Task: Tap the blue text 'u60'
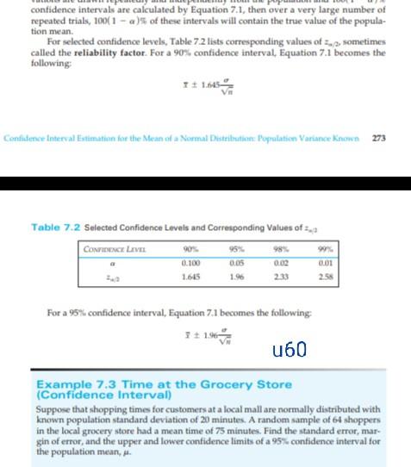tap(289, 349)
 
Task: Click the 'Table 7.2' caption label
tap(55, 227)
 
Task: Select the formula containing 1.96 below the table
tap(204, 332)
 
